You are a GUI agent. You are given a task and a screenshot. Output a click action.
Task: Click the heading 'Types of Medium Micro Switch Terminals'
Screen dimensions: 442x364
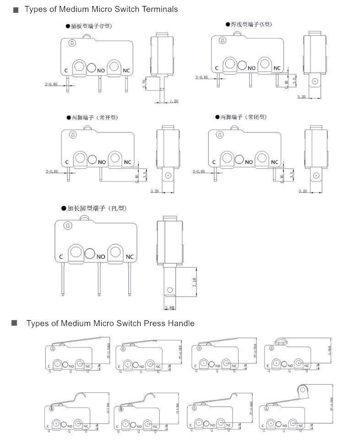click(x=101, y=9)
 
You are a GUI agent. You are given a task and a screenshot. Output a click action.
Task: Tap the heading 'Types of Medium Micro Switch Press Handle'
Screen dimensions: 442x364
click(x=110, y=323)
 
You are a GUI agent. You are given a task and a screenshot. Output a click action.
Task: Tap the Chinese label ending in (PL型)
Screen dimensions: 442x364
click(x=97, y=208)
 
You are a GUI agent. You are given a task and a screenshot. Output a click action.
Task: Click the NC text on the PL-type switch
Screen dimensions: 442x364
click(x=130, y=256)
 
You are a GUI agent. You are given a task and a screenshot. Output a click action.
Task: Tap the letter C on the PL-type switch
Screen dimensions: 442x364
click(x=61, y=256)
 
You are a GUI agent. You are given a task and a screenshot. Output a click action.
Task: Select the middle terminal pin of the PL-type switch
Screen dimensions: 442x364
click(x=98, y=279)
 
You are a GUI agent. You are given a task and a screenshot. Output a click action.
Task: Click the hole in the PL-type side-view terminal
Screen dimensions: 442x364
click(x=170, y=290)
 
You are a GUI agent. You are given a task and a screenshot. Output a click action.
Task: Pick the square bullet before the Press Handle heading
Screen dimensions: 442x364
click(x=14, y=323)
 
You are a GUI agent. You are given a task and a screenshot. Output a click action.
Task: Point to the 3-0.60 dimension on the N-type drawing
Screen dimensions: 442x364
click(x=202, y=77)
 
